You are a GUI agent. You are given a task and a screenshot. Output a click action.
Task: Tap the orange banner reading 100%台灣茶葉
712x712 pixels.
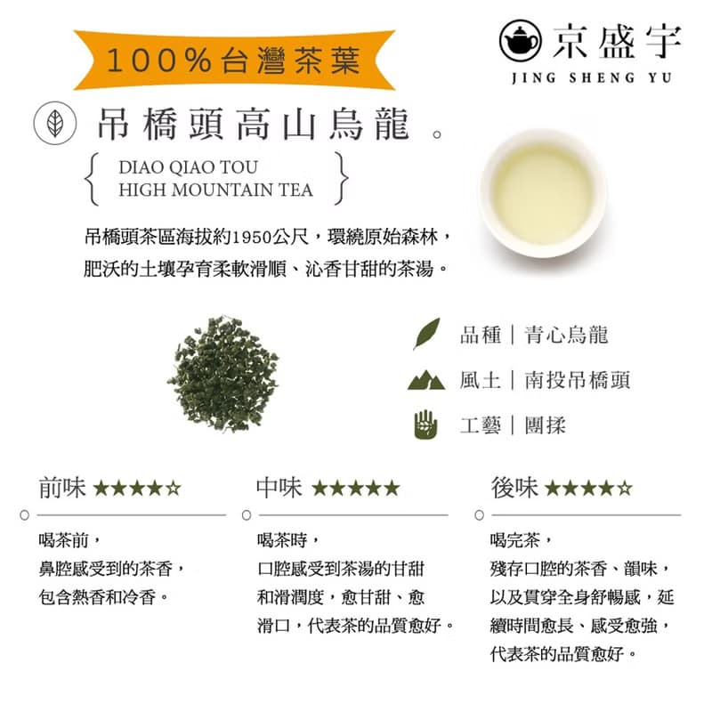click(x=234, y=60)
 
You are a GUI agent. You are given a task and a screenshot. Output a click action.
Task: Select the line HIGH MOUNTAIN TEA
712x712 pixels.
click(x=215, y=190)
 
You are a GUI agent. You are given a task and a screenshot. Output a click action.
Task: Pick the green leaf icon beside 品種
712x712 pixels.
click(x=426, y=335)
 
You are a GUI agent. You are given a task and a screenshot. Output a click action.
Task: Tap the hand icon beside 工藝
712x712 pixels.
click(x=426, y=425)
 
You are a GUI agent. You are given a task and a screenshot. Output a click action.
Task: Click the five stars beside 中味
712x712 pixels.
click(x=356, y=488)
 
